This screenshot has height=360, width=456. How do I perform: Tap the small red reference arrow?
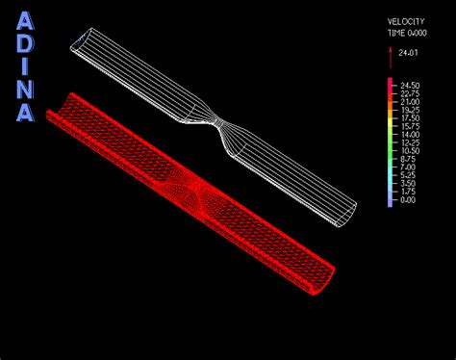[x=390, y=53]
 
